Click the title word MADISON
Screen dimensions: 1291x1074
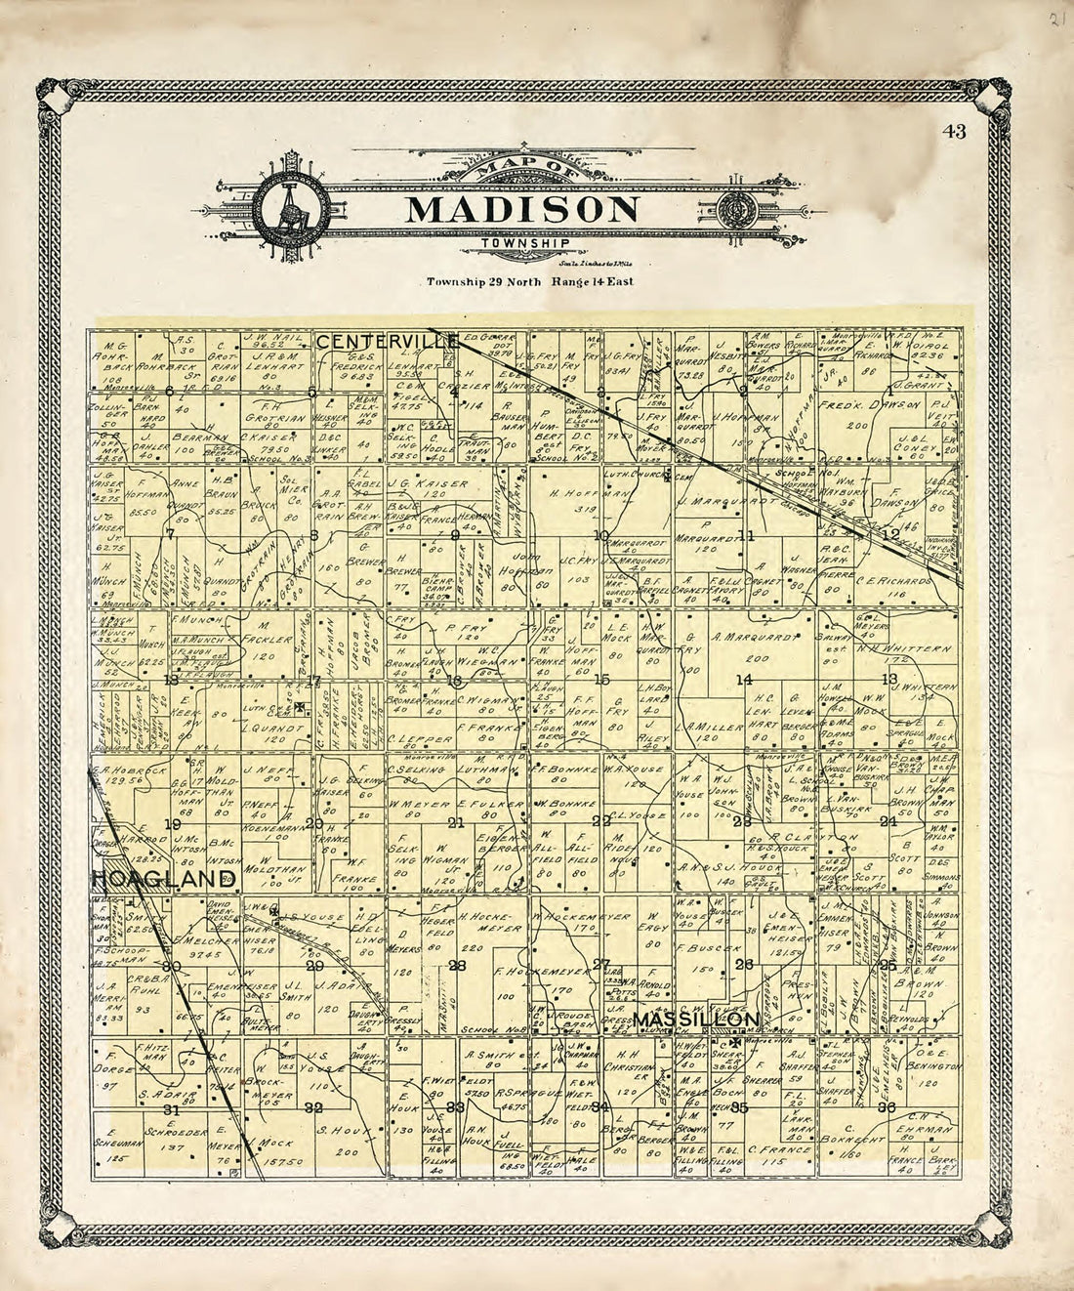(x=522, y=209)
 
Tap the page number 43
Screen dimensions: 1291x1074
(x=955, y=134)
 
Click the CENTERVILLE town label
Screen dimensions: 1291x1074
(x=388, y=341)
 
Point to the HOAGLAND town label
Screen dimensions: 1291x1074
(x=164, y=880)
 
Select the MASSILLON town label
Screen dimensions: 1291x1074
(x=695, y=1020)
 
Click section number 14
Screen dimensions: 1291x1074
(x=744, y=680)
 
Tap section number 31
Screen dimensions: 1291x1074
(x=172, y=1110)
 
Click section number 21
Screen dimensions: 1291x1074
(x=455, y=822)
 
